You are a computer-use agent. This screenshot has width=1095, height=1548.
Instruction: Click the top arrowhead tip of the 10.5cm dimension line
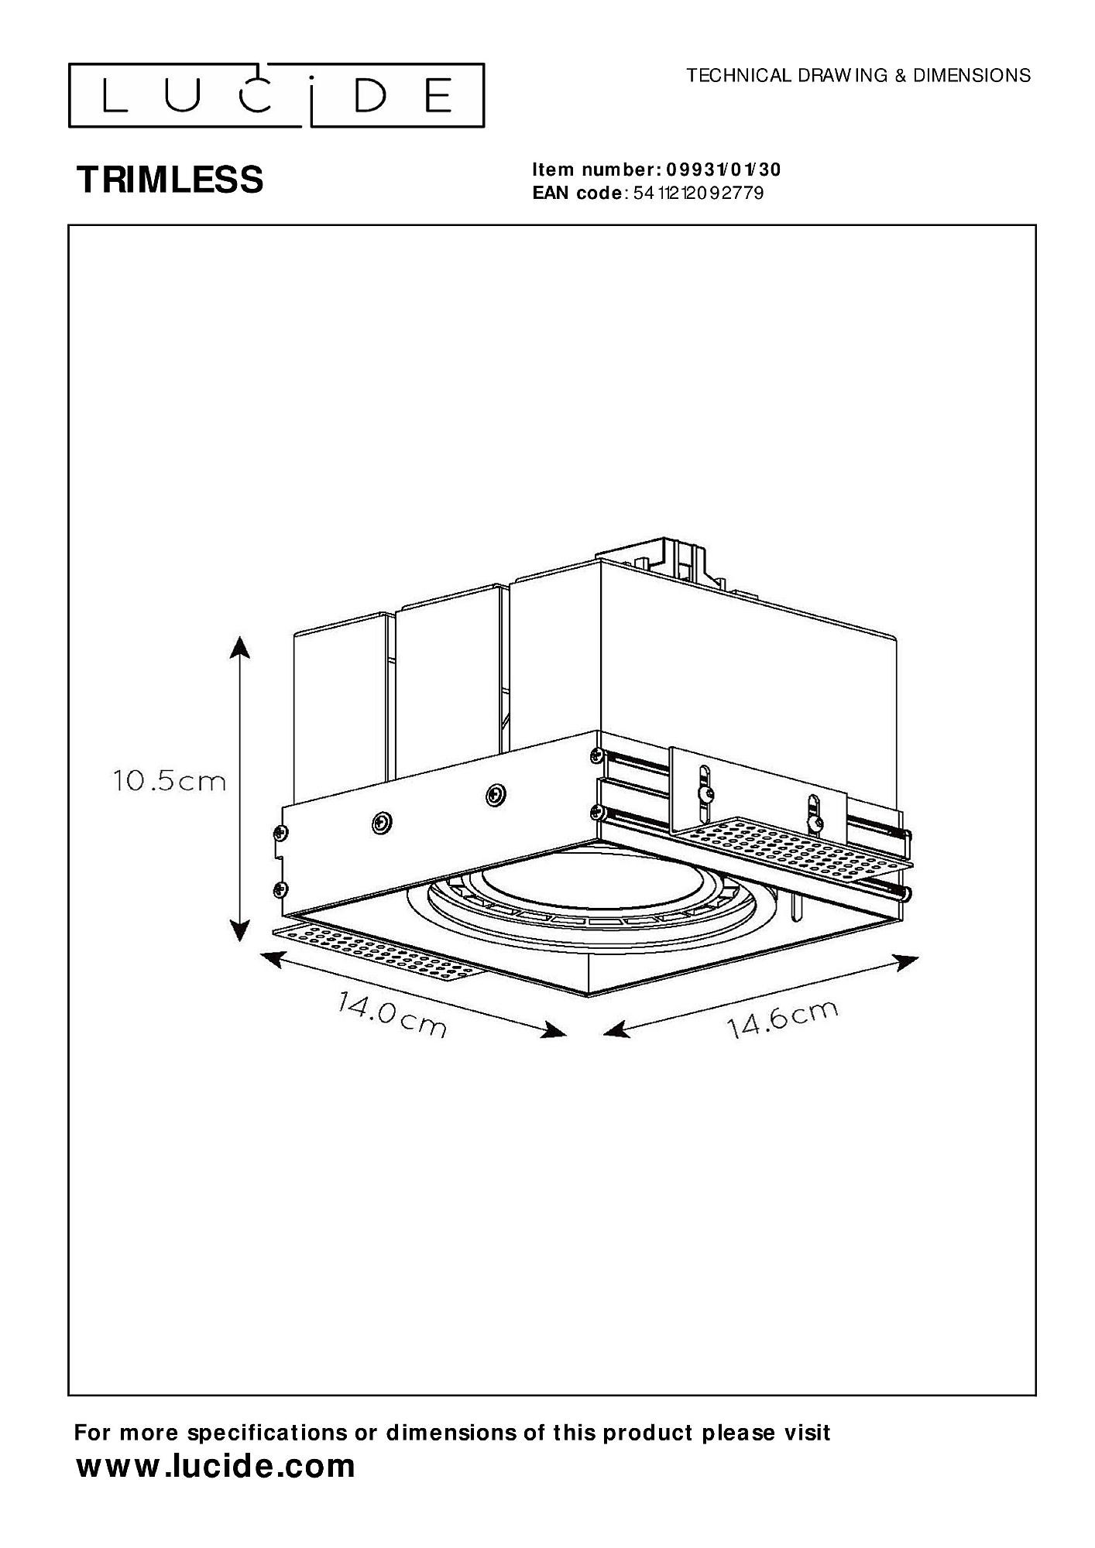pyautogui.click(x=240, y=636)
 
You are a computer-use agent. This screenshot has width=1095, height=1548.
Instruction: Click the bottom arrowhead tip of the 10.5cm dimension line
pyautogui.click(x=240, y=941)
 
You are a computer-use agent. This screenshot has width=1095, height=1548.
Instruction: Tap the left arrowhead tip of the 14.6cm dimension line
pyautogui.click(x=603, y=1033)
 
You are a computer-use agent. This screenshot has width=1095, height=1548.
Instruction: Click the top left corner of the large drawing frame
pyautogui.click(x=69, y=225)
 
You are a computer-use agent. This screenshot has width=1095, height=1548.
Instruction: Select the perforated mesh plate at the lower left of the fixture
pyautogui.click(x=378, y=954)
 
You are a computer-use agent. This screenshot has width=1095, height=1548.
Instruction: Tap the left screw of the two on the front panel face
pyautogui.click(x=380, y=823)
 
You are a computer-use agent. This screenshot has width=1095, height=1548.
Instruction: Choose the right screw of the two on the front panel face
pyautogui.click(x=494, y=794)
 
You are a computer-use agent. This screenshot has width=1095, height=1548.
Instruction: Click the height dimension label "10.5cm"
pyautogui.click(x=170, y=781)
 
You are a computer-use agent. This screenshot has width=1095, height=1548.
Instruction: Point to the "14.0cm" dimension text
pyautogui.click(x=392, y=1015)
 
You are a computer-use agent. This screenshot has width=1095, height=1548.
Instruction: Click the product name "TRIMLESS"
pyautogui.click(x=170, y=180)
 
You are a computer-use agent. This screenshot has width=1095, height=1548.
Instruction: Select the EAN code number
pyautogui.click(x=699, y=193)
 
